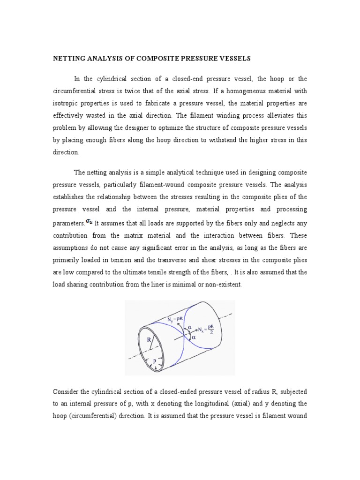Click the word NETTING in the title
(x=70, y=59)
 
